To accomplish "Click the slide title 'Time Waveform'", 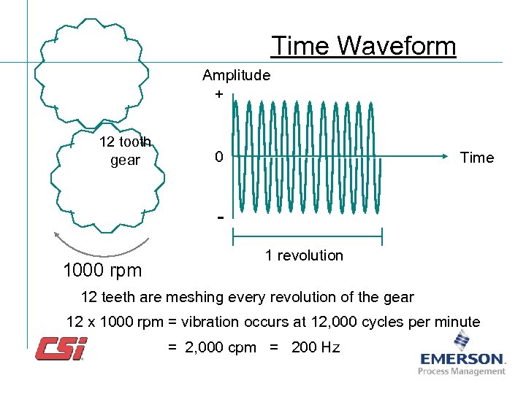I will click(x=364, y=46).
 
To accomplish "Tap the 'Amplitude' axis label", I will click(x=236, y=75).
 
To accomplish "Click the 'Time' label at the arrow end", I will click(x=476, y=158).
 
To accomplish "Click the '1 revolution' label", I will click(x=304, y=255).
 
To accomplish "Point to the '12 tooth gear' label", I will click(x=125, y=150).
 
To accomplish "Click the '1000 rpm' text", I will click(x=102, y=271).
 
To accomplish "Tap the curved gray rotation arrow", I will click(x=101, y=248).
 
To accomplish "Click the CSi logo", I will click(x=61, y=348).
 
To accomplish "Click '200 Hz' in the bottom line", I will click(x=316, y=347).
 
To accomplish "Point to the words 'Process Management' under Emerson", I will click(x=462, y=371).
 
